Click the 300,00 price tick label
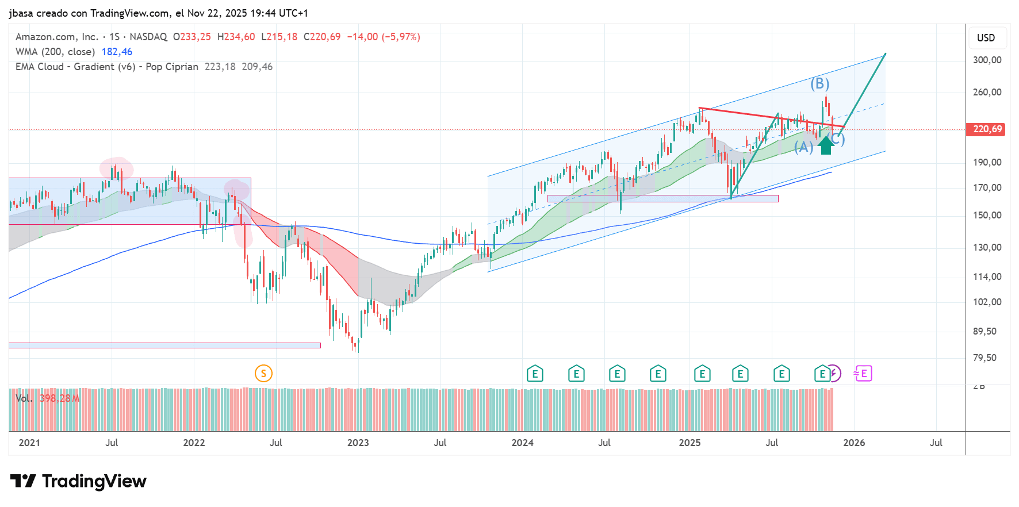click(x=987, y=60)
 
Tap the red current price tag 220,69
click(x=987, y=129)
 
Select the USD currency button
click(x=986, y=38)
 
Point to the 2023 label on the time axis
click(x=358, y=443)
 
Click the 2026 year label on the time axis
click(x=854, y=443)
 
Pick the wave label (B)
click(x=820, y=84)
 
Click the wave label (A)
click(x=803, y=147)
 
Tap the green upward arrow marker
click(x=826, y=145)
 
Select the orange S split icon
click(x=263, y=374)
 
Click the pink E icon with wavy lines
click(x=863, y=374)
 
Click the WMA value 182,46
click(x=117, y=52)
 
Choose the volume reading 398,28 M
click(x=59, y=398)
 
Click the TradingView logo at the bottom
click(x=79, y=481)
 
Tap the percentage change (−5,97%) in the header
click(x=401, y=37)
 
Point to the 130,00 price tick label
click(x=987, y=247)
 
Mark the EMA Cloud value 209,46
click(x=257, y=67)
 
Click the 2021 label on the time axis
click(x=29, y=443)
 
